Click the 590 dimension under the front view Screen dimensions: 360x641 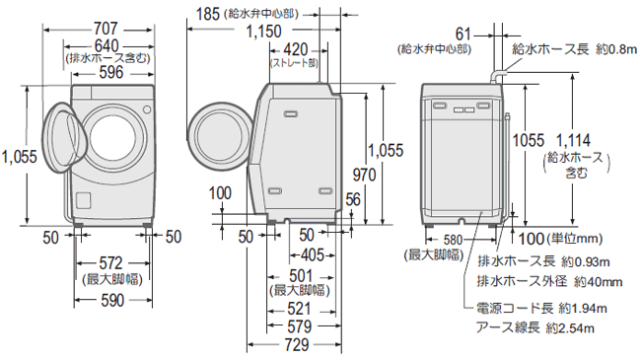pos(110,299)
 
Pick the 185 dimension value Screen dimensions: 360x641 pos(205,13)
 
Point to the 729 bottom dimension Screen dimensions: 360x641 pos(292,346)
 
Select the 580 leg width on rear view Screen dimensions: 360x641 pos(456,240)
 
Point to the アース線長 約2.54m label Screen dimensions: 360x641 pos(536,326)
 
